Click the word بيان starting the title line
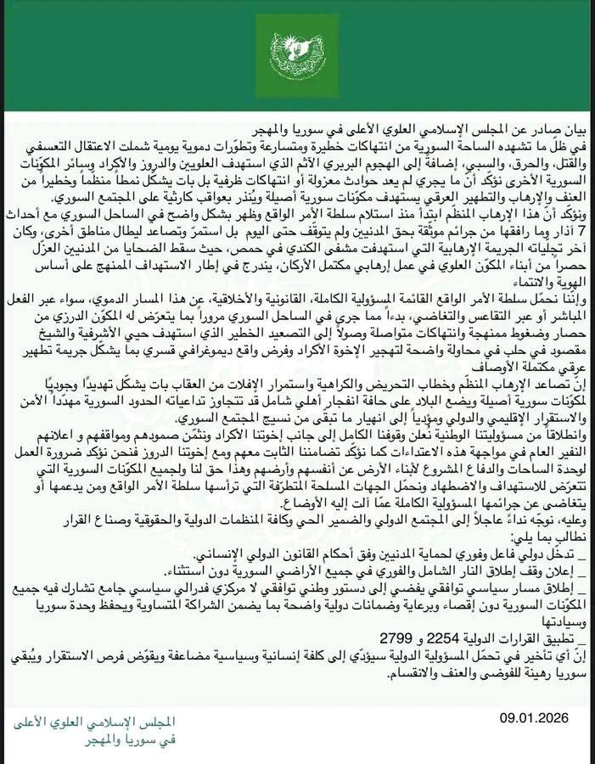[577, 131]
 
